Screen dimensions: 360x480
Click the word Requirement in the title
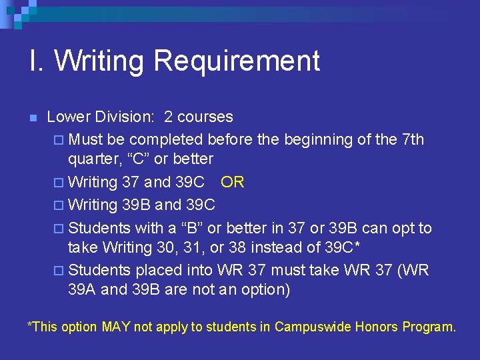[237, 61]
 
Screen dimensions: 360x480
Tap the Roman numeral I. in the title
[37, 61]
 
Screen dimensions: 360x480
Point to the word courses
[205, 117]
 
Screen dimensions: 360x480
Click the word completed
[166, 139]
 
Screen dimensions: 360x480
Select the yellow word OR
[233, 182]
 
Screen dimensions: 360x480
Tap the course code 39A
[83, 289]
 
